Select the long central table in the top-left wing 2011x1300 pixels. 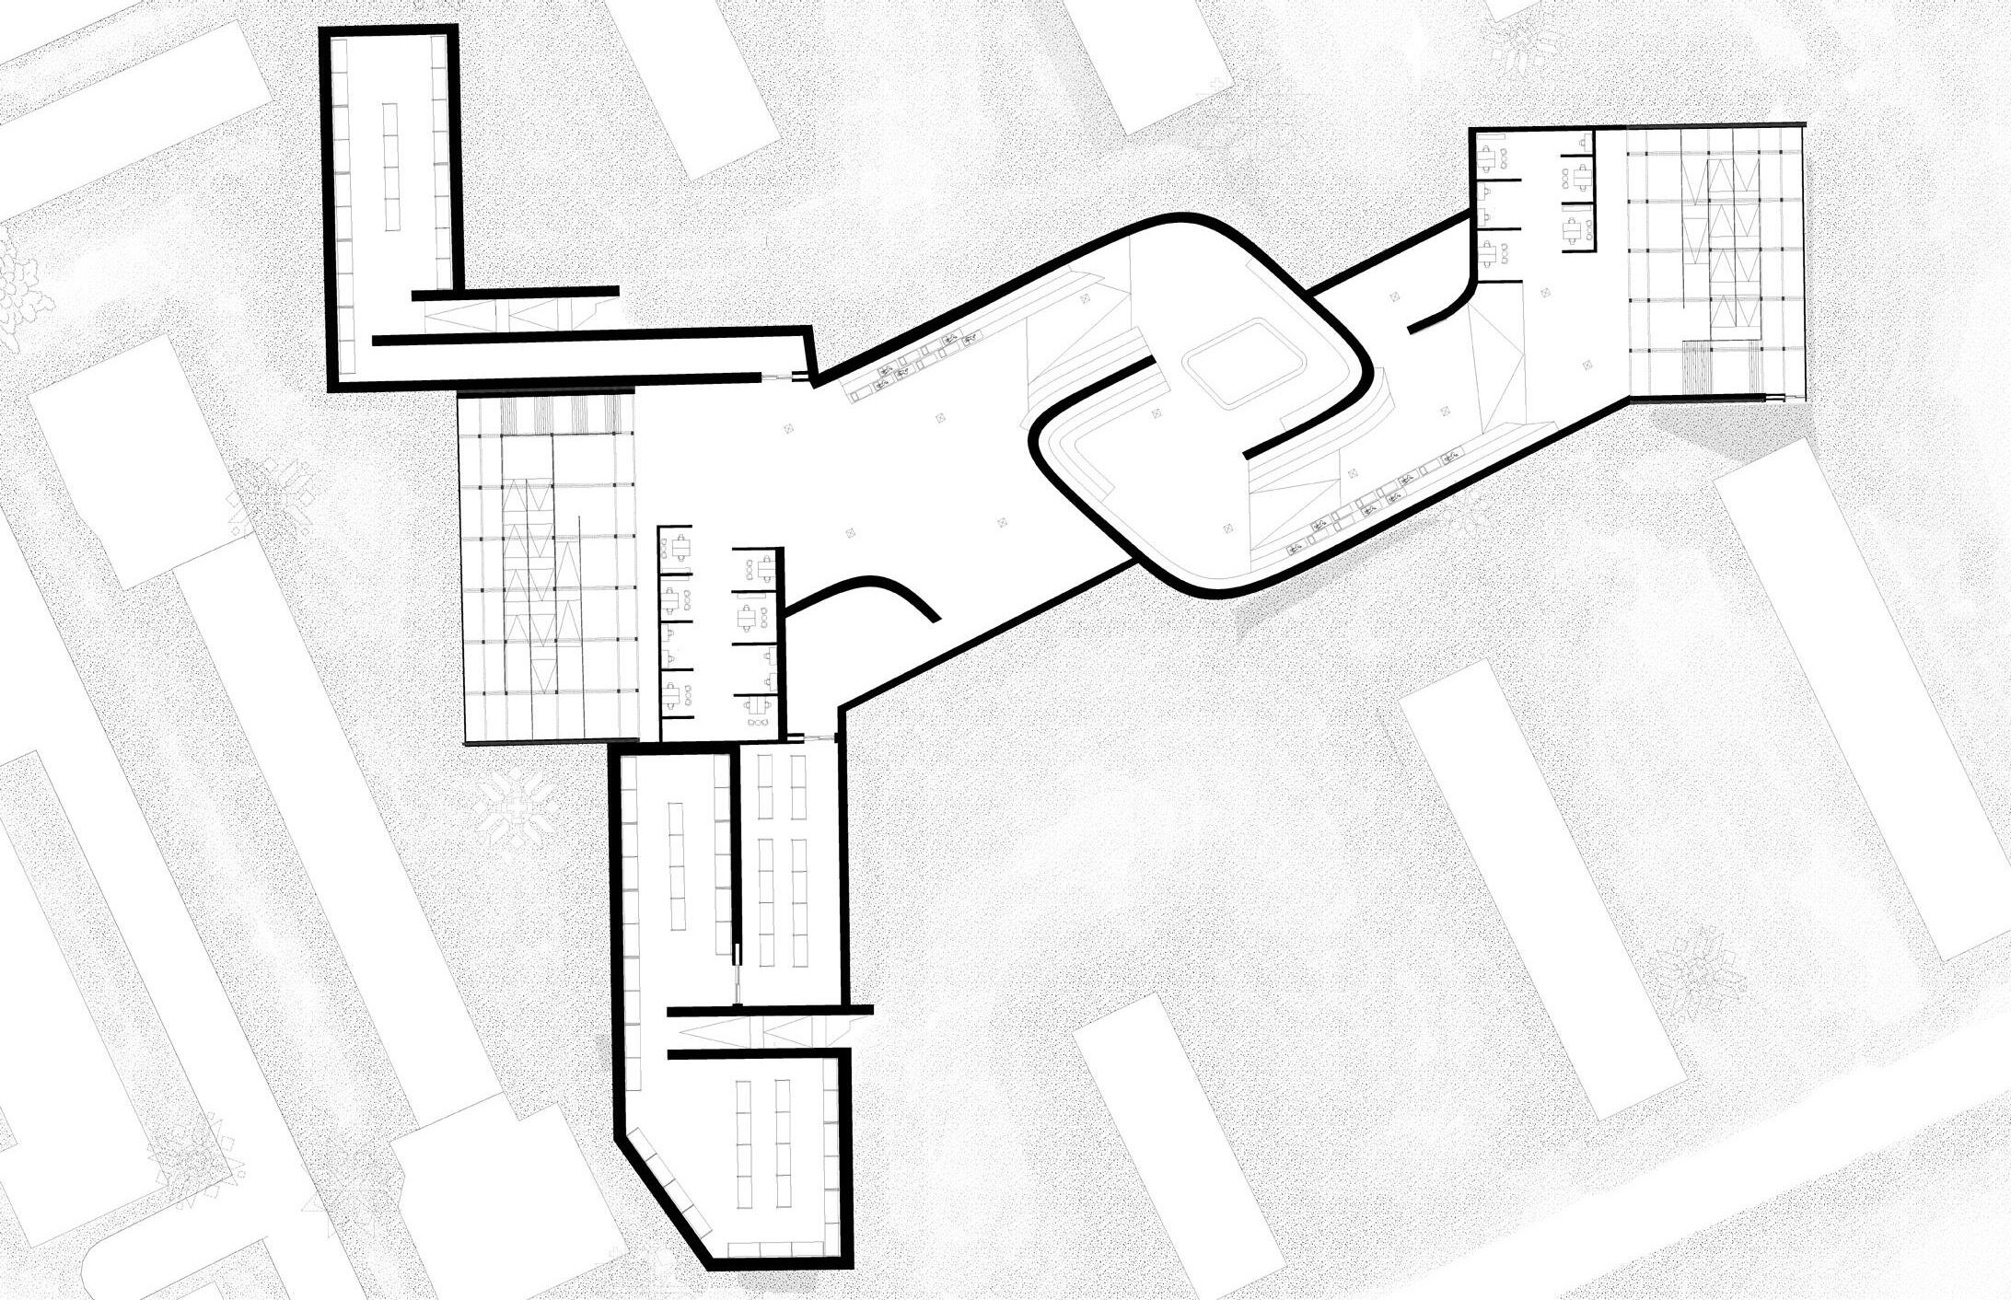391,167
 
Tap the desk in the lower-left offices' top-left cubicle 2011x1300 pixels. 681,549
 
